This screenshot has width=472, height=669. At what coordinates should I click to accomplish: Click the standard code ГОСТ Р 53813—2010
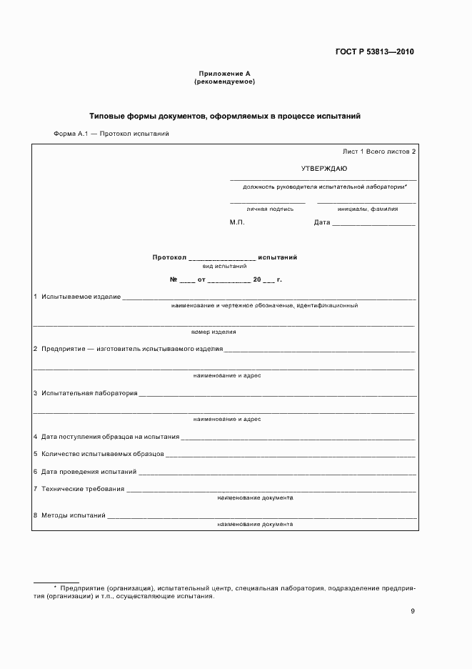(375, 52)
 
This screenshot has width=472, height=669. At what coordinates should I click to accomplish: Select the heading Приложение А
(224, 74)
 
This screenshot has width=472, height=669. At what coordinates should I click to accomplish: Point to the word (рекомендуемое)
(224, 81)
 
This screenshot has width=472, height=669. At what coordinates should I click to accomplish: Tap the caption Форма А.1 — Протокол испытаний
(111, 134)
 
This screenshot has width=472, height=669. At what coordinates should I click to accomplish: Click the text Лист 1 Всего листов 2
(379, 152)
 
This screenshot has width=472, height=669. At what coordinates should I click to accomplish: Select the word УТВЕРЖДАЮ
(324, 169)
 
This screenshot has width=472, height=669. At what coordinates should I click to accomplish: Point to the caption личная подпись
(270, 209)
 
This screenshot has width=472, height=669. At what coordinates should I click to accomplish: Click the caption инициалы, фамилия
(368, 209)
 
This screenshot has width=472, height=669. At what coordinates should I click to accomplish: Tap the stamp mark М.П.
(237, 222)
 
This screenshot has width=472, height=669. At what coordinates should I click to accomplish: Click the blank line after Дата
(373, 224)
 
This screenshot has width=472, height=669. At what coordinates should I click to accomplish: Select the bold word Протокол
(169, 257)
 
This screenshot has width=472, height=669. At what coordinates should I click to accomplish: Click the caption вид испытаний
(224, 265)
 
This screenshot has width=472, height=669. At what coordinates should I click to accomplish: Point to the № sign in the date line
(173, 279)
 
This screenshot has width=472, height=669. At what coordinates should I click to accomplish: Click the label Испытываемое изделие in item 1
(81, 297)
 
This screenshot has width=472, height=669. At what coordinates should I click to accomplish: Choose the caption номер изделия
(214, 332)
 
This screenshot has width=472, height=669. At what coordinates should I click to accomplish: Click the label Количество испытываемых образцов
(103, 454)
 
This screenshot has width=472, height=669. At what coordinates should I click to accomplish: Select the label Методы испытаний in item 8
(74, 515)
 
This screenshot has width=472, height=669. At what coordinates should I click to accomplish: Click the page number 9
(413, 610)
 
